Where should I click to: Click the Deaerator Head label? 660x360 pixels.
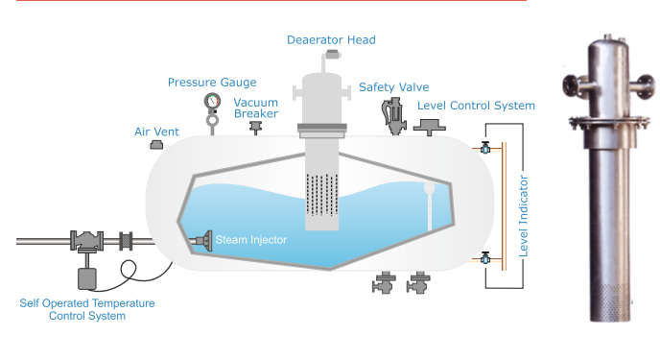coord(331,40)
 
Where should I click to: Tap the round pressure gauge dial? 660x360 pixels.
coord(213,101)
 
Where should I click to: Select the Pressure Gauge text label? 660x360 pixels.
coord(212,83)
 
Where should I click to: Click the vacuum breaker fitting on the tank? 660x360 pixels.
coord(255,127)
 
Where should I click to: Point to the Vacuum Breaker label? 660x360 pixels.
coord(256,108)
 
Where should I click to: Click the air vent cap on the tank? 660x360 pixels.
coord(156,145)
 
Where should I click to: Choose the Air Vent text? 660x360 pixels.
coord(156,132)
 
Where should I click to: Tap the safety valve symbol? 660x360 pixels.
coord(394,116)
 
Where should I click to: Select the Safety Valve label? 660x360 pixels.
coord(394,87)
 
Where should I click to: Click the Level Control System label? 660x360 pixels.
coord(476,106)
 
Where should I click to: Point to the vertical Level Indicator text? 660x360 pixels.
coord(523,216)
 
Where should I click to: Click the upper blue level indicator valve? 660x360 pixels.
coord(485,148)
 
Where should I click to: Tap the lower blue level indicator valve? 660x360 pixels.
coord(485,258)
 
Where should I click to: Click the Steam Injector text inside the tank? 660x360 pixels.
coord(251,240)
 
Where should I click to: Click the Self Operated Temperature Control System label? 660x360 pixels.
coord(87,309)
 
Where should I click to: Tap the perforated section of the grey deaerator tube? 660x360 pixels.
coord(322,195)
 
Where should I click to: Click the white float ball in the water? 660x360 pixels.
coord(430,187)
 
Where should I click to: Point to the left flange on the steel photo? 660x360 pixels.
coord(570,84)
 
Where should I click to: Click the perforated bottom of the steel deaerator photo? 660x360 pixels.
coord(610,302)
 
